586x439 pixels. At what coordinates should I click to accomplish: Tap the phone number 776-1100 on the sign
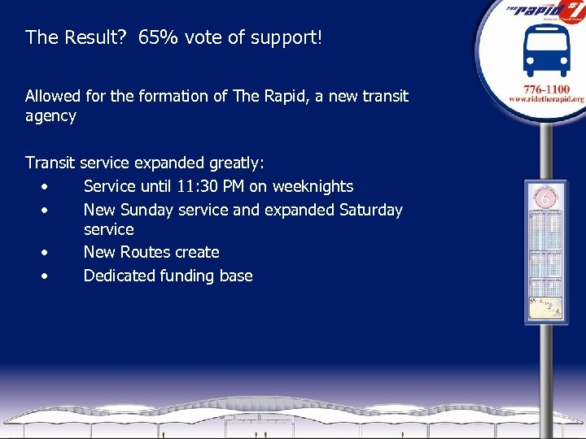coord(547,87)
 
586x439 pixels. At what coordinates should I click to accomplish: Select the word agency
coord(50,115)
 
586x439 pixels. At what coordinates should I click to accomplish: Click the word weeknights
coord(313,186)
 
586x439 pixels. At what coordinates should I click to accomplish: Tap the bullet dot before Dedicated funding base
coord(46,276)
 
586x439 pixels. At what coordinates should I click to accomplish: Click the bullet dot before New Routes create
coord(46,252)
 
